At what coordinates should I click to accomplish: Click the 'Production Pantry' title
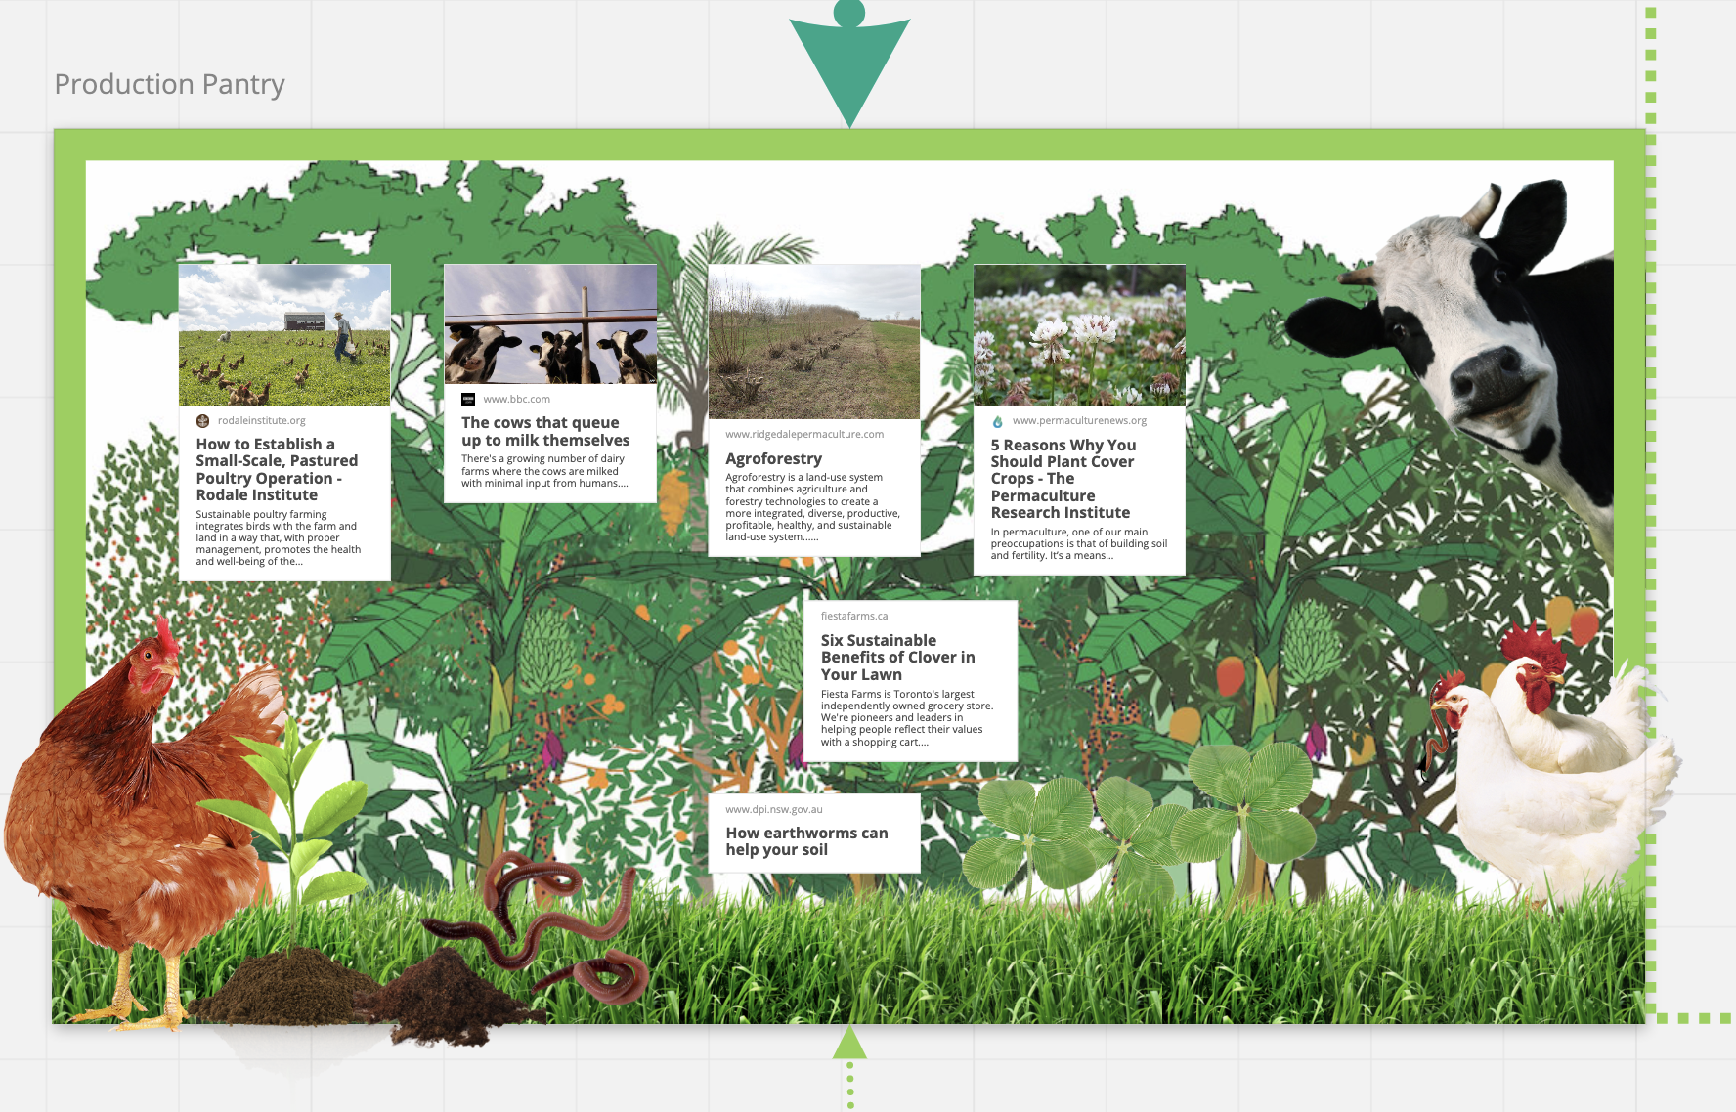pyautogui.click(x=169, y=84)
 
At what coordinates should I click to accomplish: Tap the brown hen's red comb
pyautogui.click(x=166, y=635)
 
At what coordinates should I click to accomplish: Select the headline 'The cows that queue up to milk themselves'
pyautogui.click(x=545, y=431)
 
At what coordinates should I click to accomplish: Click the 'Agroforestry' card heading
pyautogui.click(x=773, y=458)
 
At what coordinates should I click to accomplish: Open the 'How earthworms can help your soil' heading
pyautogui.click(x=806, y=841)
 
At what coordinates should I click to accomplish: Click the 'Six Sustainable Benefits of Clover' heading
pyautogui.click(x=897, y=657)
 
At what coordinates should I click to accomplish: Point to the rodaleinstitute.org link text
pyautogui.click(x=261, y=420)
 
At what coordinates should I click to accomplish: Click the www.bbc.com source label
pyautogui.click(x=516, y=399)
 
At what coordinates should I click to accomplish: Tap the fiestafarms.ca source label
pyautogui.click(x=854, y=616)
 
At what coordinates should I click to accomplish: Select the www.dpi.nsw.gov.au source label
pyautogui.click(x=773, y=809)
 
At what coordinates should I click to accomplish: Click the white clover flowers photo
pyautogui.click(x=1079, y=334)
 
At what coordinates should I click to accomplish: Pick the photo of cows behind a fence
pyautogui.click(x=550, y=323)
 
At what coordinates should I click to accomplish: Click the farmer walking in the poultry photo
pyautogui.click(x=343, y=336)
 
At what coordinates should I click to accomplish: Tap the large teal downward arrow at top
pyautogui.click(x=849, y=68)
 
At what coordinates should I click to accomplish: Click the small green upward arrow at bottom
pyautogui.click(x=849, y=1044)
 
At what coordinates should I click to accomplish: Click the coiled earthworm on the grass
pyautogui.click(x=610, y=976)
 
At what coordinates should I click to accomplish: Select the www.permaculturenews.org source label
pyautogui.click(x=1079, y=420)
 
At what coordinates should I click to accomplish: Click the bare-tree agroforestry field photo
pyautogui.click(x=813, y=342)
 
